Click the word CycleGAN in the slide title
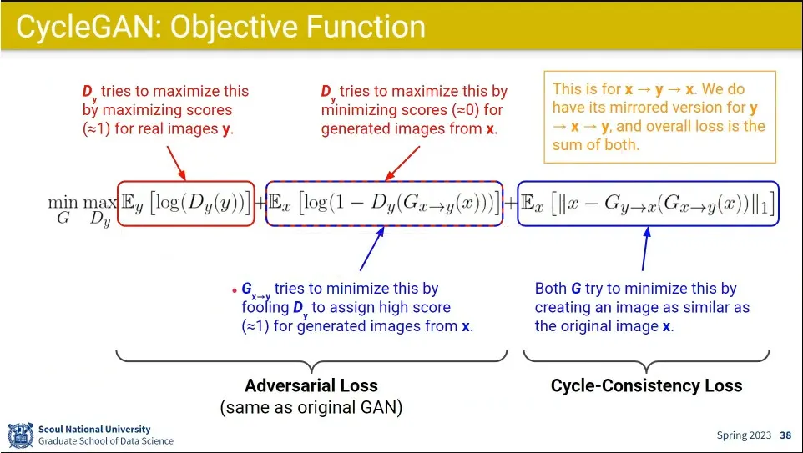[x=86, y=28]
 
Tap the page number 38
[x=785, y=435]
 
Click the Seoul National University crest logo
[x=21, y=435]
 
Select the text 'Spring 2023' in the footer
[x=744, y=435]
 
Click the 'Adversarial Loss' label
[x=311, y=385]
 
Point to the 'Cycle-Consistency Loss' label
[x=646, y=385]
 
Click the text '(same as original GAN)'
[x=311, y=407]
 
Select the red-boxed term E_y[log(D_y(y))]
[x=186, y=204]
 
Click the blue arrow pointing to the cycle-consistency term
[x=645, y=249]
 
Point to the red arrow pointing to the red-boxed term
[x=176, y=164]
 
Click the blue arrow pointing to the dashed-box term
[x=372, y=249]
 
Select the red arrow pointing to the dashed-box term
[x=402, y=164]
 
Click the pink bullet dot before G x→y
[x=235, y=290]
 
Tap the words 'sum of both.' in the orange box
[x=596, y=145]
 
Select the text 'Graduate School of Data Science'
[x=106, y=440]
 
